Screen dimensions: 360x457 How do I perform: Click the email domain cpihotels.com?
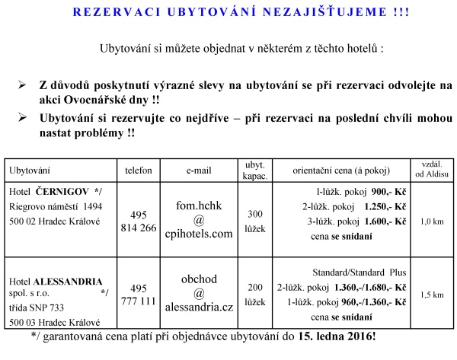(197, 234)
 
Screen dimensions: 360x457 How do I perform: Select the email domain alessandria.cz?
(197, 306)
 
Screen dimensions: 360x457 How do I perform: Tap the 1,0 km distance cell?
(432, 221)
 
